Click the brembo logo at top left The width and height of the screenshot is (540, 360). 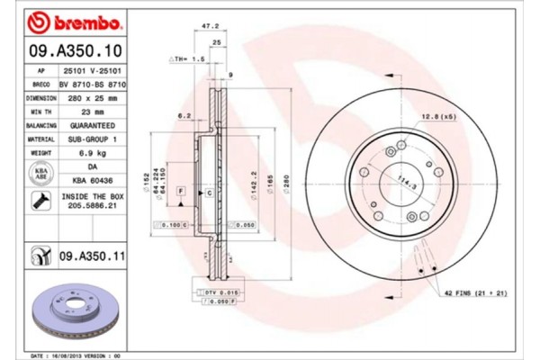click(x=69, y=20)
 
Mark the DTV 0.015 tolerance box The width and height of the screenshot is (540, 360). click(x=216, y=293)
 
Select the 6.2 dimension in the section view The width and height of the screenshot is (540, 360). click(x=184, y=116)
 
